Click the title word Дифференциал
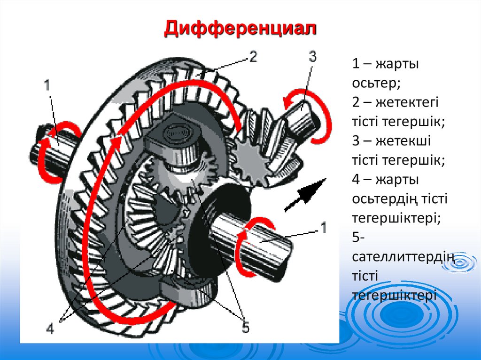pos(240,29)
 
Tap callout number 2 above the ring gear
pos(252,57)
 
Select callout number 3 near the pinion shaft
pos(312,58)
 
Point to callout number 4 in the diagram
pos(50,329)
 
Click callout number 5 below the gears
pos(245,327)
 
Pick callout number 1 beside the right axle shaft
pos(323,227)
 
